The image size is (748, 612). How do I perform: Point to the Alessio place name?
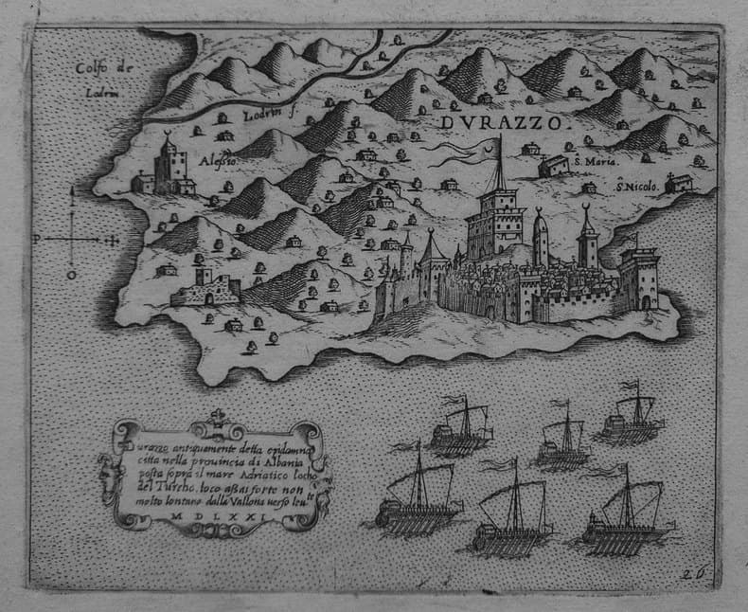pyautogui.click(x=218, y=161)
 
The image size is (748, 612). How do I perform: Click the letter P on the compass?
pyautogui.click(x=36, y=240)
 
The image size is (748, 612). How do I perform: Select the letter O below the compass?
pyautogui.click(x=71, y=275)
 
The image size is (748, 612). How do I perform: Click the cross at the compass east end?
pyautogui.click(x=114, y=240)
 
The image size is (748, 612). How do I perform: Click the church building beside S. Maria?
pyautogui.click(x=554, y=167)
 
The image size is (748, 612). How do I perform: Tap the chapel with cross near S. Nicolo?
pyautogui.click(x=678, y=183)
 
